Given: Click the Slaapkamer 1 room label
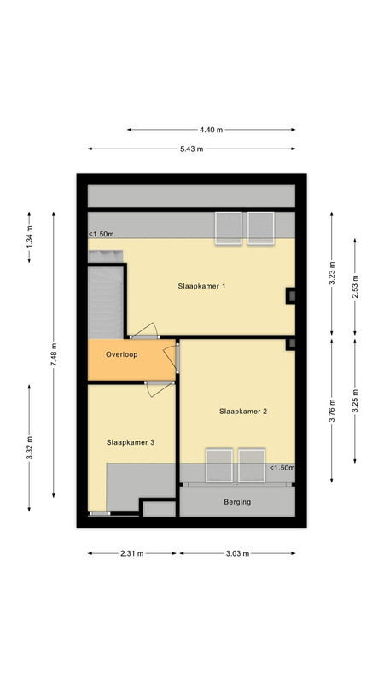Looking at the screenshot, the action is coord(201,286).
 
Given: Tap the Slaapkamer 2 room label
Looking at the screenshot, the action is coord(243,411).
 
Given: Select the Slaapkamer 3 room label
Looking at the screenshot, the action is coord(131,442).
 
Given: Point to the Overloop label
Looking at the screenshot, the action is coord(121,354).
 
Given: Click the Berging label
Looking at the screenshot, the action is coord(237,502).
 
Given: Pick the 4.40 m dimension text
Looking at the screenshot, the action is coord(211,130).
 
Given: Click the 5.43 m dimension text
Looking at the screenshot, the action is coord(191,149).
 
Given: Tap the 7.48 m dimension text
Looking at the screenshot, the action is coord(54,354).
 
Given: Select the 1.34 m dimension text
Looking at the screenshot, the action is coord(30,237).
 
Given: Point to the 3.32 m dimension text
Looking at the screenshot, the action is coord(30,447).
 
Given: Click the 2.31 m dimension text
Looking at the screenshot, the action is coord(132,553).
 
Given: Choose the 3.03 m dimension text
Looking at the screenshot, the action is coord(237,553).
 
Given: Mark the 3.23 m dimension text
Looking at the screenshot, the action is coord(332,273).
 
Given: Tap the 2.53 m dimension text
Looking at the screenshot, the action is coord(355,288).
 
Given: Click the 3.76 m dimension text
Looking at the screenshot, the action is coord(332,411).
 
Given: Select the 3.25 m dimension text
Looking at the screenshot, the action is coord(355,400).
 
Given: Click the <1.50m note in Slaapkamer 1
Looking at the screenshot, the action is coord(102,234).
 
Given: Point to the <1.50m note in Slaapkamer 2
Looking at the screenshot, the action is coord(282,468).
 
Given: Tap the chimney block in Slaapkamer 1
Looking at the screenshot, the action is coord(291,296).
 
